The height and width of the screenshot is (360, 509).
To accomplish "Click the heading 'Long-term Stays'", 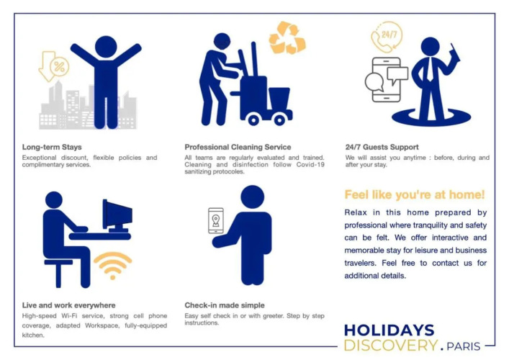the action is pos(52,147).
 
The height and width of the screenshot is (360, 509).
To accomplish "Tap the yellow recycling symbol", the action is pos(287,37).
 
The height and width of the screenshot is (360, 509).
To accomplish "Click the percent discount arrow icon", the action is pos(53,66).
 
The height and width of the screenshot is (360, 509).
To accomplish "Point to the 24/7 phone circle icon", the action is pos(387,37).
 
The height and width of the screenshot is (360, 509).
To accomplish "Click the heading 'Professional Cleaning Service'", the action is pos(238,147).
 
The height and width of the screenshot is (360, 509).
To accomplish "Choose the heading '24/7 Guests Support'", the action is pos(382,147).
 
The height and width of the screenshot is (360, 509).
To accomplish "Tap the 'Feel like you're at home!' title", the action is pos(415,194).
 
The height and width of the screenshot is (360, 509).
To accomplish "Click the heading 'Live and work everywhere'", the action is pos(69,305).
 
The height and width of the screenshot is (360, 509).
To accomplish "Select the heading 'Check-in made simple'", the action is pos(225,305).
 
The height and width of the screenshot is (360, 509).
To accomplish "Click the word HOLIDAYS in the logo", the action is pos(389,330).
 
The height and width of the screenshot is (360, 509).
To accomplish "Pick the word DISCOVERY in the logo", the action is pos(391,345).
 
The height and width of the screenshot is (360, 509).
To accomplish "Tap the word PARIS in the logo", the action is pos(463,346).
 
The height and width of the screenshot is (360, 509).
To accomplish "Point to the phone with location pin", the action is pos(216,221).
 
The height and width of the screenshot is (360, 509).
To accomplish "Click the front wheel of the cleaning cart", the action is pos(253,120).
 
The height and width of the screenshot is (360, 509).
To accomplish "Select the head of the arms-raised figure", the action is pos(106,47).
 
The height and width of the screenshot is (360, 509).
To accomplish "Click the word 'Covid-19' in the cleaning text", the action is pos(310,165).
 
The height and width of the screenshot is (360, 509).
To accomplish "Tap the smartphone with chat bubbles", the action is pos(387,79).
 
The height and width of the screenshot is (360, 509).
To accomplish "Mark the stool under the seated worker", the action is pos(58,273).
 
